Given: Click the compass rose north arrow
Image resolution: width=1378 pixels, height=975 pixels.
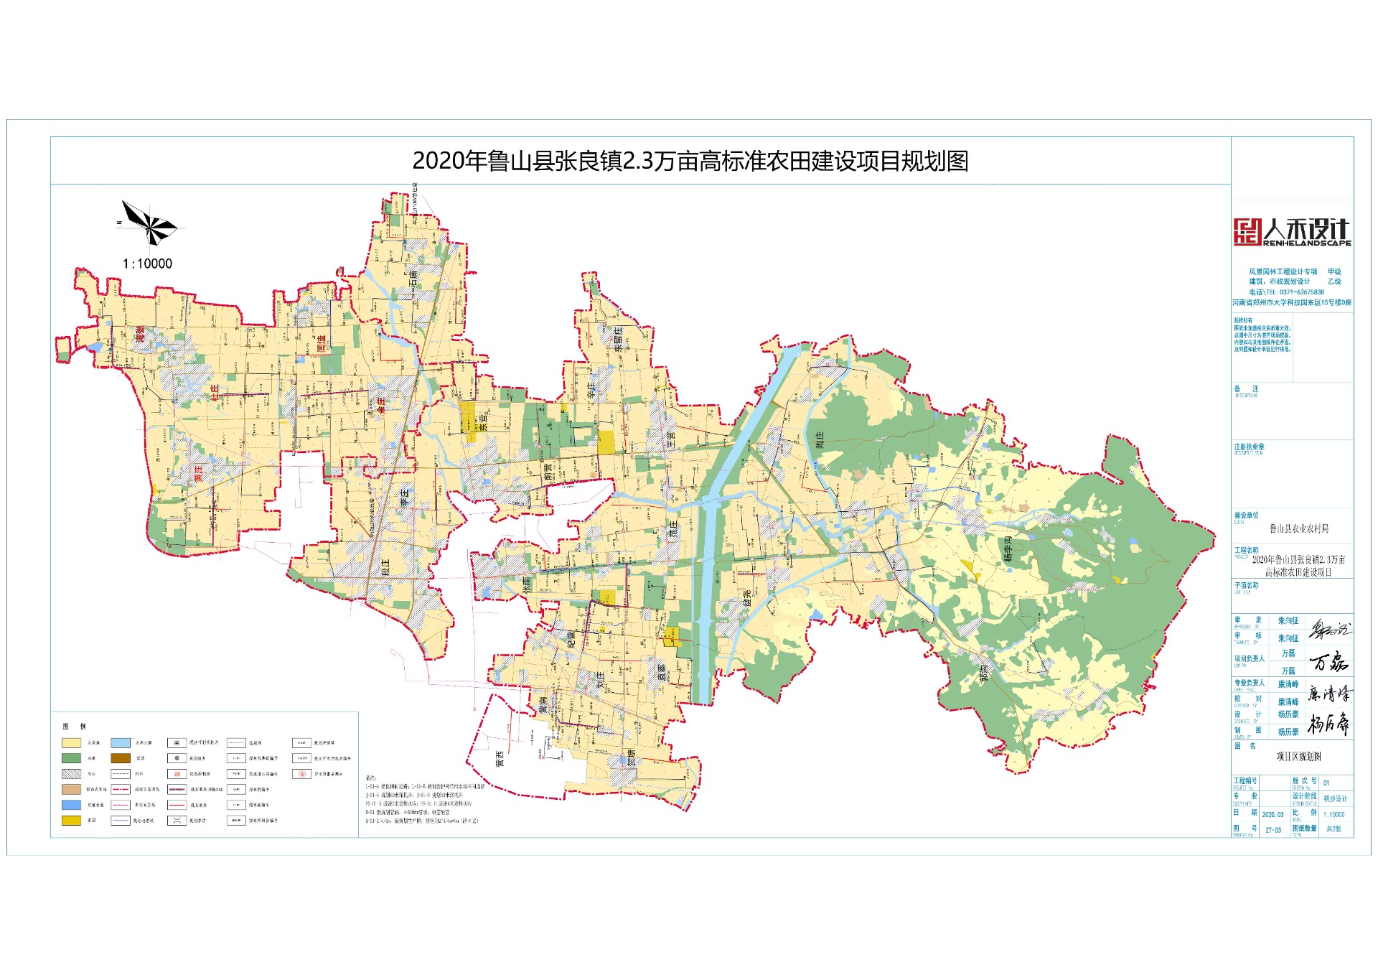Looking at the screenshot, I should click(149, 223).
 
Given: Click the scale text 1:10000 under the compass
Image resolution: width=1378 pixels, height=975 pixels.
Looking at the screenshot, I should click(147, 264).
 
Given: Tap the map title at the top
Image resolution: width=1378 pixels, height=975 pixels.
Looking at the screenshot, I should click(690, 161).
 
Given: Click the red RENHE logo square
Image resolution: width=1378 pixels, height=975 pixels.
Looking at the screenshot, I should click(1247, 232).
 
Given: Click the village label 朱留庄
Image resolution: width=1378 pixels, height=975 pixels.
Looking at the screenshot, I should click(618, 337).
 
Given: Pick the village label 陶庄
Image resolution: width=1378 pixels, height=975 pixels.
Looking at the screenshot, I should click(820, 440).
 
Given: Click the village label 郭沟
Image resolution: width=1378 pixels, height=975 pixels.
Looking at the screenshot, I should click(983, 673).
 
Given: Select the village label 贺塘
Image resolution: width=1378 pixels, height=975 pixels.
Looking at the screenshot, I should click(631, 757).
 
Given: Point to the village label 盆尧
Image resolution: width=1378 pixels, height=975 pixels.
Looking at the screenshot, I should click(746, 598).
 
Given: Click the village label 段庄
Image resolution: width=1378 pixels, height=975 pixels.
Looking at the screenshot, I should click(385, 568).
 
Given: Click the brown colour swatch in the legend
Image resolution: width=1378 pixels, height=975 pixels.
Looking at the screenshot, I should click(121, 758).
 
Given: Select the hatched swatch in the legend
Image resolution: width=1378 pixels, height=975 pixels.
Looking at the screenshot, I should click(71, 774).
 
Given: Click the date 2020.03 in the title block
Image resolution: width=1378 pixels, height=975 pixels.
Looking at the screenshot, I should click(1272, 815).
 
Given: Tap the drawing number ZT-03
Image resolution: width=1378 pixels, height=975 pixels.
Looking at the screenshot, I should click(1272, 830).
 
